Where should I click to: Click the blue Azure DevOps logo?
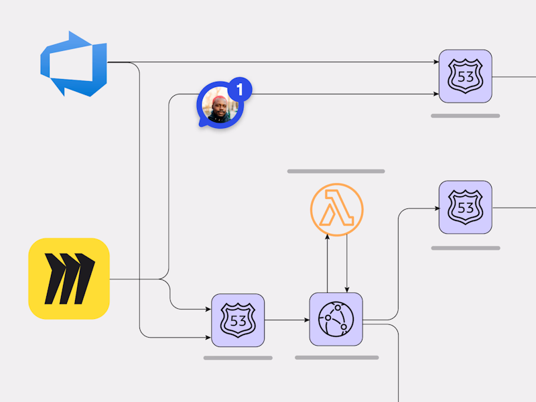point(74,64)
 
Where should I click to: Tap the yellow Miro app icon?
point(69,279)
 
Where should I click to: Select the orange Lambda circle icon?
point(337,210)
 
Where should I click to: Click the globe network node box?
point(336,320)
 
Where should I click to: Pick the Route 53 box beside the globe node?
point(238,320)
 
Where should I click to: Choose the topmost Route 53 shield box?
point(466,76)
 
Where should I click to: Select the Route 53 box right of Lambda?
point(466,208)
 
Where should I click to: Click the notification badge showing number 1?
point(240,89)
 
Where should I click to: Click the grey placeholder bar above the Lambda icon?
point(336,172)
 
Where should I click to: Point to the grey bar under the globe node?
point(337,358)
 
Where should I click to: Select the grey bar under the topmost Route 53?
point(466,116)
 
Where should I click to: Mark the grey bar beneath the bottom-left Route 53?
point(238,358)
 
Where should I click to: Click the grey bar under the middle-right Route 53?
point(466,248)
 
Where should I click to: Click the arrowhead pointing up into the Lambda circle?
point(327,237)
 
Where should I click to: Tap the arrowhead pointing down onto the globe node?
point(347,290)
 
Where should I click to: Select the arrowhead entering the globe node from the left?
point(307,320)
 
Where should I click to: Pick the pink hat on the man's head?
point(219,100)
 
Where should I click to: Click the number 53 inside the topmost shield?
point(466,77)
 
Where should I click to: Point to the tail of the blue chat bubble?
point(202,124)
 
